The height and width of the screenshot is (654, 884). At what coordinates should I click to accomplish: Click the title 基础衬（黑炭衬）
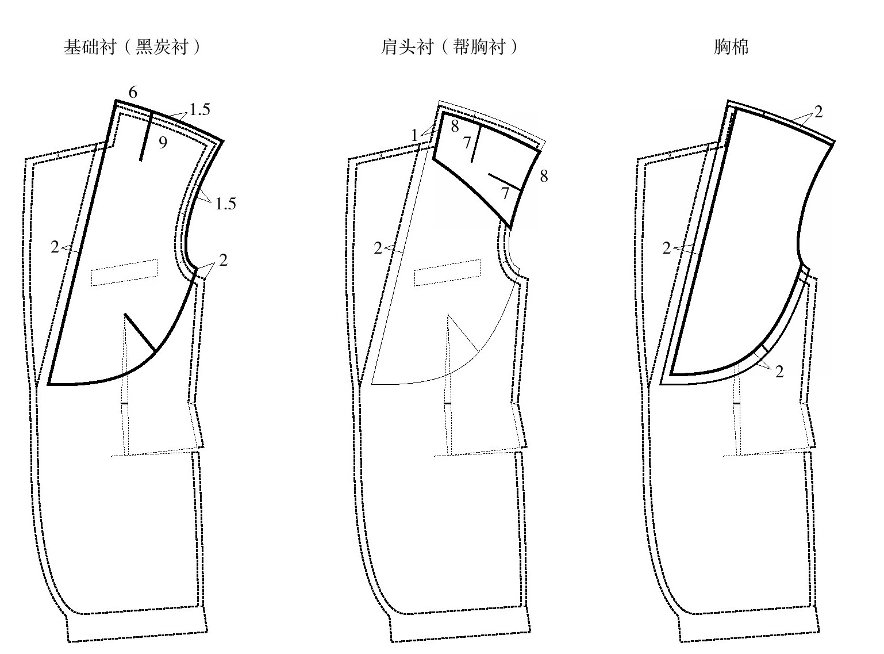[132, 47]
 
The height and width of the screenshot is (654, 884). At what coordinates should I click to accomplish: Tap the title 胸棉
[731, 47]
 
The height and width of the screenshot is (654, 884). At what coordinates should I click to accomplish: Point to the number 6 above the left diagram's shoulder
[133, 92]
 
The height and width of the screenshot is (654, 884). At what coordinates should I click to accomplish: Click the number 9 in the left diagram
[163, 143]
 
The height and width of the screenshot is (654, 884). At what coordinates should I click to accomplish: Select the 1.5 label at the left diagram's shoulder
[199, 109]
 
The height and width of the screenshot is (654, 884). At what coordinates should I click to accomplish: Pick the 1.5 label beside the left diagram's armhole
[225, 204]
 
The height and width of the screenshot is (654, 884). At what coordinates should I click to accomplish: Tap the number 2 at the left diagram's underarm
[223, 260]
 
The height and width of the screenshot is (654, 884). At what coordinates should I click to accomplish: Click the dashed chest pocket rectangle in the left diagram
[124, 273]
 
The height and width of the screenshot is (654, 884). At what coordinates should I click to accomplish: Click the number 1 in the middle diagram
[414, 135]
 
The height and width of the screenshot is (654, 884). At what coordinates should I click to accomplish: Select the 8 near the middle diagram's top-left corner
[455, 126]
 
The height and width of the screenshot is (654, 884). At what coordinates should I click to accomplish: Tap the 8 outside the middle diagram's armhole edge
[544, 176]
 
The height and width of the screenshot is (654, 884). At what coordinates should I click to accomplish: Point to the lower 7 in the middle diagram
[505, 193]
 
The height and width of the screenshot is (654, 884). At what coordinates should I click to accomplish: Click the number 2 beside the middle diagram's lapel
[378, 248]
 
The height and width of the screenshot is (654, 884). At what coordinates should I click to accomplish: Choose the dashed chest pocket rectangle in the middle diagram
[448, 273]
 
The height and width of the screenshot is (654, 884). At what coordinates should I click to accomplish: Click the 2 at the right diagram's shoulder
[818, 112]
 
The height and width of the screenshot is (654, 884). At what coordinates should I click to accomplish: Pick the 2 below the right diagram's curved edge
[779, 372]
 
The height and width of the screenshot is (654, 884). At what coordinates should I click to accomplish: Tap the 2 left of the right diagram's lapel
[666, 248]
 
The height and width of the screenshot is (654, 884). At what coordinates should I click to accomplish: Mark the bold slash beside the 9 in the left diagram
[146, 136]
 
